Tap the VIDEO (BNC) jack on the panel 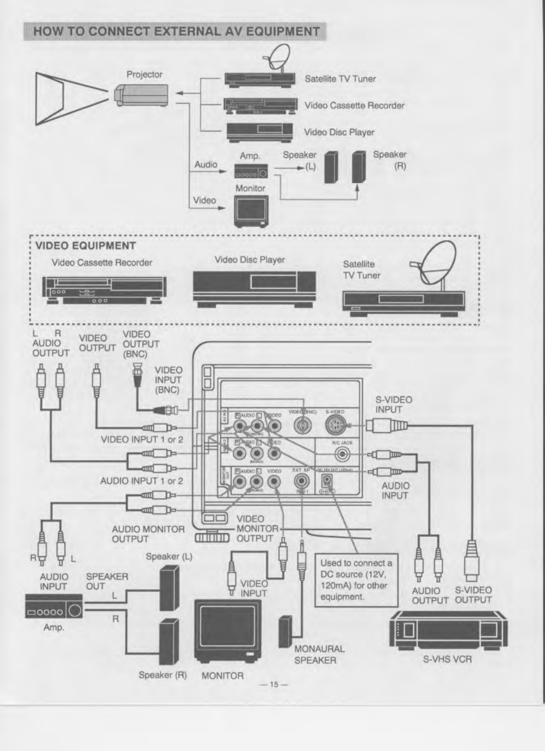(302, 426)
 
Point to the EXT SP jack (302, 481)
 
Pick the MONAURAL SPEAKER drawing (285, 631)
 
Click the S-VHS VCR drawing (448, 629)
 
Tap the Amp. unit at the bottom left (54, 607)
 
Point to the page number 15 (274, 684)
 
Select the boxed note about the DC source (356, 580)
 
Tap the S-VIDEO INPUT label (393, 405)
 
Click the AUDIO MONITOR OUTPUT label (148, 534)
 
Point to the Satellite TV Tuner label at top (340, 79)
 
